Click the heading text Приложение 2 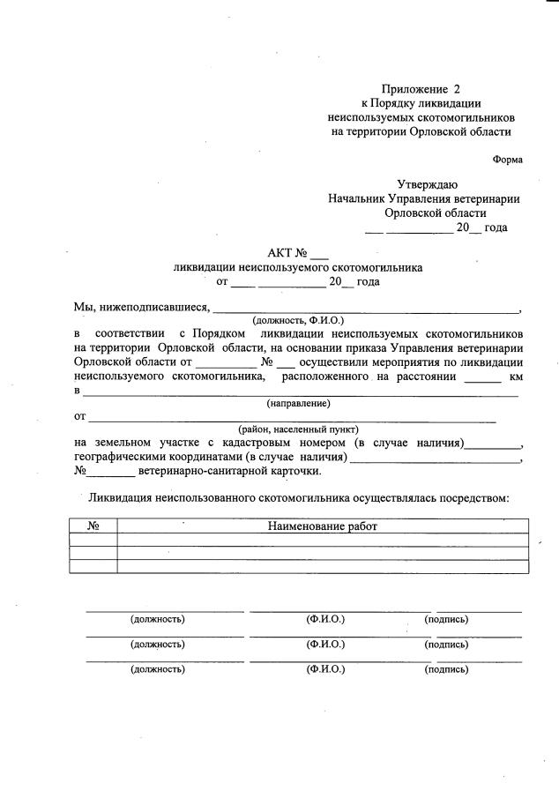click(421, 89)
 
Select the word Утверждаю click(426, 184)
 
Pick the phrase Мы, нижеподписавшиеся click(141, 308)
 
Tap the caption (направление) click(298, 403)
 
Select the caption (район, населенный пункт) click(298, 429)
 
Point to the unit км click(517, 376)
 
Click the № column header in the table click(93, 526)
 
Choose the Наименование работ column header click(323, 526)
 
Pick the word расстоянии click(425, 376)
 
